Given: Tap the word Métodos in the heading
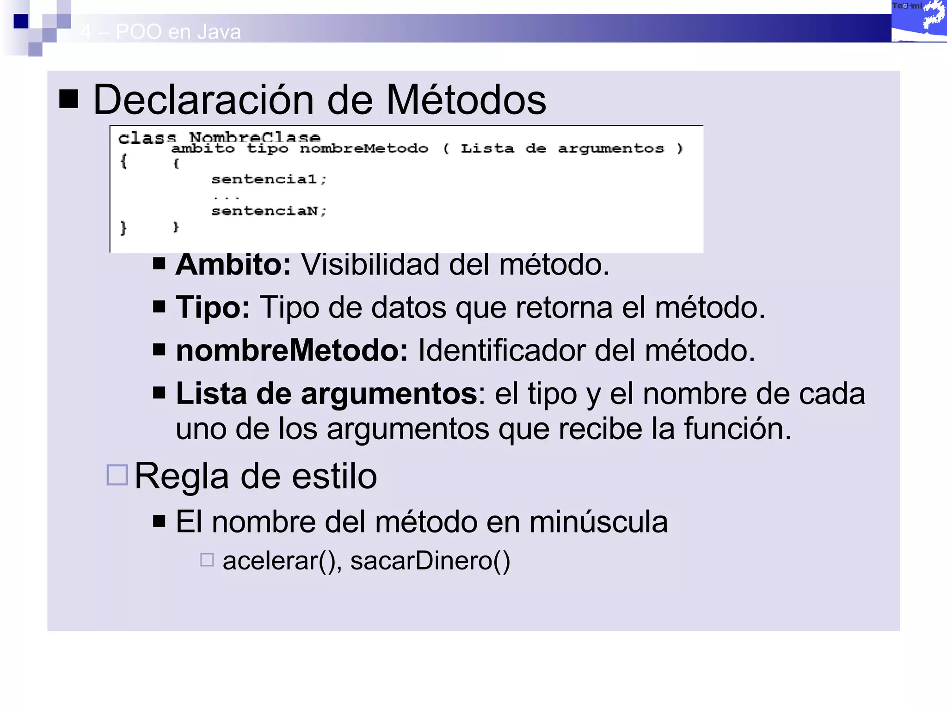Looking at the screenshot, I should [466, 100].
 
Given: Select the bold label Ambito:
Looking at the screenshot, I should [233, 264].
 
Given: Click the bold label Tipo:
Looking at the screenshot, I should [213, 307].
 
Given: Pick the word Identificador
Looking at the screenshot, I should [501, 350].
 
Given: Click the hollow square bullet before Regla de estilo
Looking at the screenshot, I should [117, 475].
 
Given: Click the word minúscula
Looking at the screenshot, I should [598, 522].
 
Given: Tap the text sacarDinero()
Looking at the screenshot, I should [430, 561].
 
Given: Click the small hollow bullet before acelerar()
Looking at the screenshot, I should [207, 560].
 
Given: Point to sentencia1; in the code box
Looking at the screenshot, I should [269, 179].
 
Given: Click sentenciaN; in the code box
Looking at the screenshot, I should [269, 211].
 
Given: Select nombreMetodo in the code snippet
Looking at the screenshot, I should [364, 148].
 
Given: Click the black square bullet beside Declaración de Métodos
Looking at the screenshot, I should [68, 98].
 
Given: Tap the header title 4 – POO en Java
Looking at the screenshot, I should [160, 32].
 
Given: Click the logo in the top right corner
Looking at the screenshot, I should [919, 21].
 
